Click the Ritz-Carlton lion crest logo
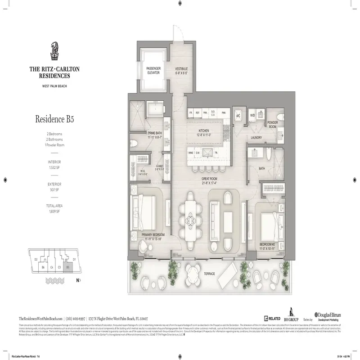pyautogui.click(x=55, y=51)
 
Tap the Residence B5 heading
pyautogui.click(x=55, y=120)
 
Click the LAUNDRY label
pyautogui.click(x=257, y=138)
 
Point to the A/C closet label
pyautogui.click(x=238, y=116)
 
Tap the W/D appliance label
pyautogui.click(x=252, y=115)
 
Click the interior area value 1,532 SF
pyautogui.click(x=54, y=167)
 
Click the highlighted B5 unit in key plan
pyautogui.click(x=68, y=266)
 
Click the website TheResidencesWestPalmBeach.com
pyautogui.click(x=41, y=318)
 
